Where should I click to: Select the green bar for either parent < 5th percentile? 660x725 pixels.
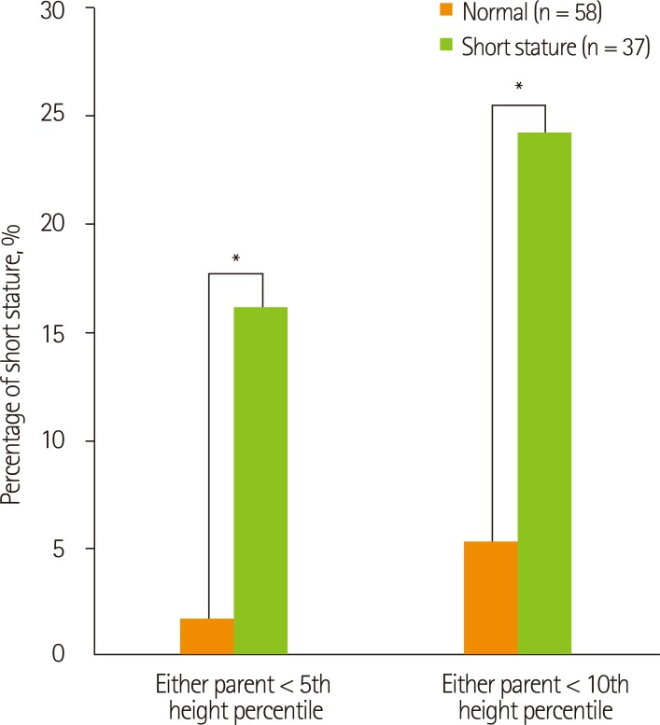click(x=260, y=481)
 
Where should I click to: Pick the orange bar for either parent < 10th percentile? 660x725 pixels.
click(x=491, y=597)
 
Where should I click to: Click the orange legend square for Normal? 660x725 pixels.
click(x=446, y=12)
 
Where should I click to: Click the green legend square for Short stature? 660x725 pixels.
click(x=446, y=48)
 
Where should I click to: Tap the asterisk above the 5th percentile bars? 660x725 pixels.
click(x=235, y=259)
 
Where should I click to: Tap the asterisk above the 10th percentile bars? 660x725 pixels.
click(x=518, y=90)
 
